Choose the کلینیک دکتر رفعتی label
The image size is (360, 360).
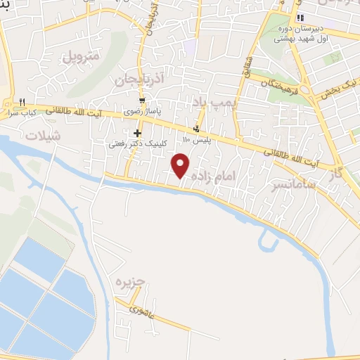click(x=136, y=143)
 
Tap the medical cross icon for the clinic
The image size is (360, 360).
click(x=136, y=133)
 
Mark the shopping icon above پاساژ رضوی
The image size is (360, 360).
click(x=142, y=101)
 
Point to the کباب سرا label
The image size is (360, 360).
click(x=24, y=112)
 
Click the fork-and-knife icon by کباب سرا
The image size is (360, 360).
click(x=23, y=101)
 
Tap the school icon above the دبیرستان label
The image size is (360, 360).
click(x=300, y=18)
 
